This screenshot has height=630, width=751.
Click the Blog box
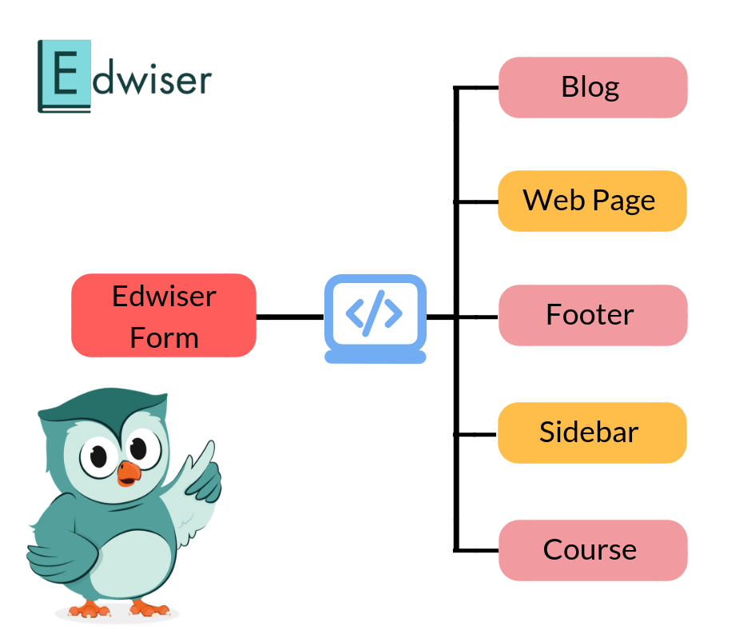[593, 87]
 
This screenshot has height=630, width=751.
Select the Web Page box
[593, 201]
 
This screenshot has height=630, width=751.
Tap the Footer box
[593, 315]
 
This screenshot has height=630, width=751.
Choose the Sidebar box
[593, 433]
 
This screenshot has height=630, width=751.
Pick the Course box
[593, 550]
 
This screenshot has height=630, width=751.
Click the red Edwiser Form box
[164, 315]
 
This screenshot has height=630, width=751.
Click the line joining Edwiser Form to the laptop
[290, 317]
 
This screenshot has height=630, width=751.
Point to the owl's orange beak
[128, 473]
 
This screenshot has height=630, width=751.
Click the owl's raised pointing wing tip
[209, 450]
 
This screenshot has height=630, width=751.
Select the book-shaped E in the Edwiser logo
[65, 77]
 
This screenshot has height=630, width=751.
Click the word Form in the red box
[164, 337]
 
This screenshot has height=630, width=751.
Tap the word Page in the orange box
[624, 201]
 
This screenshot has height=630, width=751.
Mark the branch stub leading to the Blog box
[477, 87]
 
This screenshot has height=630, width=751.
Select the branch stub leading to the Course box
[477, 550]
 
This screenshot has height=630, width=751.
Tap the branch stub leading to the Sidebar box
[477, 434]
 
